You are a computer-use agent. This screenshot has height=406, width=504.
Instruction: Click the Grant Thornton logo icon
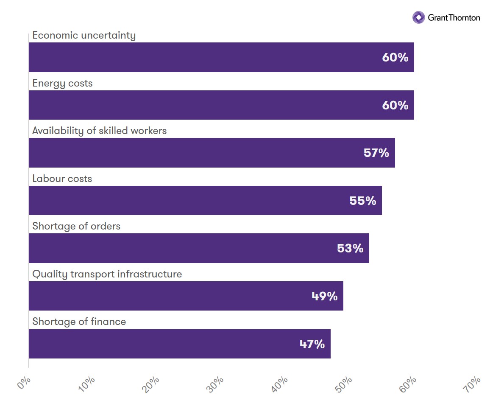pos(418,17)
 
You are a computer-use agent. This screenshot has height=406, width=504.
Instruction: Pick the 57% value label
pos(376,153)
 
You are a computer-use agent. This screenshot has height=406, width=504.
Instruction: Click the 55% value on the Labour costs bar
pos(363,201)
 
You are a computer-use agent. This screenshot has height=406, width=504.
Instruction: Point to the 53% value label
pos(350,248)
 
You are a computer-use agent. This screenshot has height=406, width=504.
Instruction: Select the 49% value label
pos(324,296)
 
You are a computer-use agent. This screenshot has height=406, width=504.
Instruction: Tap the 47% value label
pos(312,344)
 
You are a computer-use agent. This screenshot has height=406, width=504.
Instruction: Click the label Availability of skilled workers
pos(100,131)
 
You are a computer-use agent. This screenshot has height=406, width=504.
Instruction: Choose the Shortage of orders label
pos(76,226)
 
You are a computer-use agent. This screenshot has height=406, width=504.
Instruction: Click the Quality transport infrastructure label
pos(107,274)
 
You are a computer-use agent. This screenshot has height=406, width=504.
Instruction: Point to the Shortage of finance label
pos(79,322)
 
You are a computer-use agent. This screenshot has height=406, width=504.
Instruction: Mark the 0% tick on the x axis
pos(24,383)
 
